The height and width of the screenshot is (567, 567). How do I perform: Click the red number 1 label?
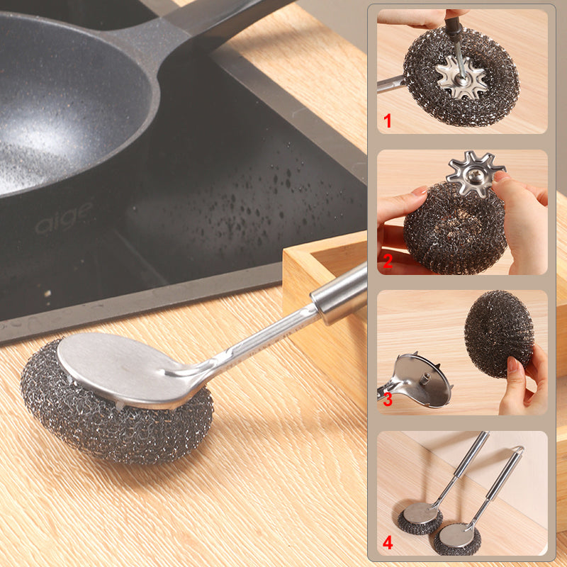[x=387, y=121]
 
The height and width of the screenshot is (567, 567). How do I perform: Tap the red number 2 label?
[x=387, y=262]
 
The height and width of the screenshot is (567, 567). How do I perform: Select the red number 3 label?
[x=388, y=399]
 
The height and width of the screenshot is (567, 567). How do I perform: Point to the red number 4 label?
[x=388, y=543]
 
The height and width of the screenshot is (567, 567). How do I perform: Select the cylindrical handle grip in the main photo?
[x=340, y=293]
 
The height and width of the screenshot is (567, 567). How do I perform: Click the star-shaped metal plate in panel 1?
[x=461, y=77]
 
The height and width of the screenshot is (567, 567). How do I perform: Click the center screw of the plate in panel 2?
[x=474, y=172]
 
